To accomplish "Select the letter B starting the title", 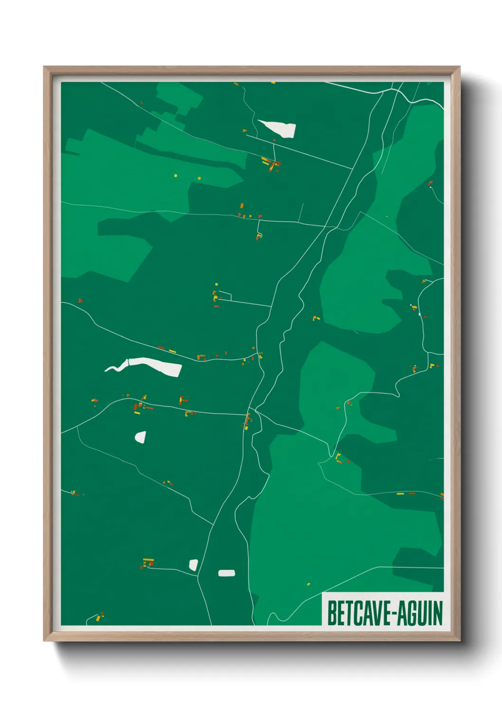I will click(x=331, y=613).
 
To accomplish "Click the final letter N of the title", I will click(x=438, y=613).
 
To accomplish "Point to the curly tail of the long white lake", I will click(x=114, y=368).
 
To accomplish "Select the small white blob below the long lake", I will click(x=140, y=437).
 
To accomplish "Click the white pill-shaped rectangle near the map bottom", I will click(x=226, y=573).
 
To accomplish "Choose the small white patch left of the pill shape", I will click(x=193, y=565).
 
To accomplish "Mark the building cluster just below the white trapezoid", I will click(x=271, y=164).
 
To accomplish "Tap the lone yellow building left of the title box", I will click(x=308, y=584).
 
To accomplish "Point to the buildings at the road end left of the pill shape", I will click(x=148, y=563).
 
